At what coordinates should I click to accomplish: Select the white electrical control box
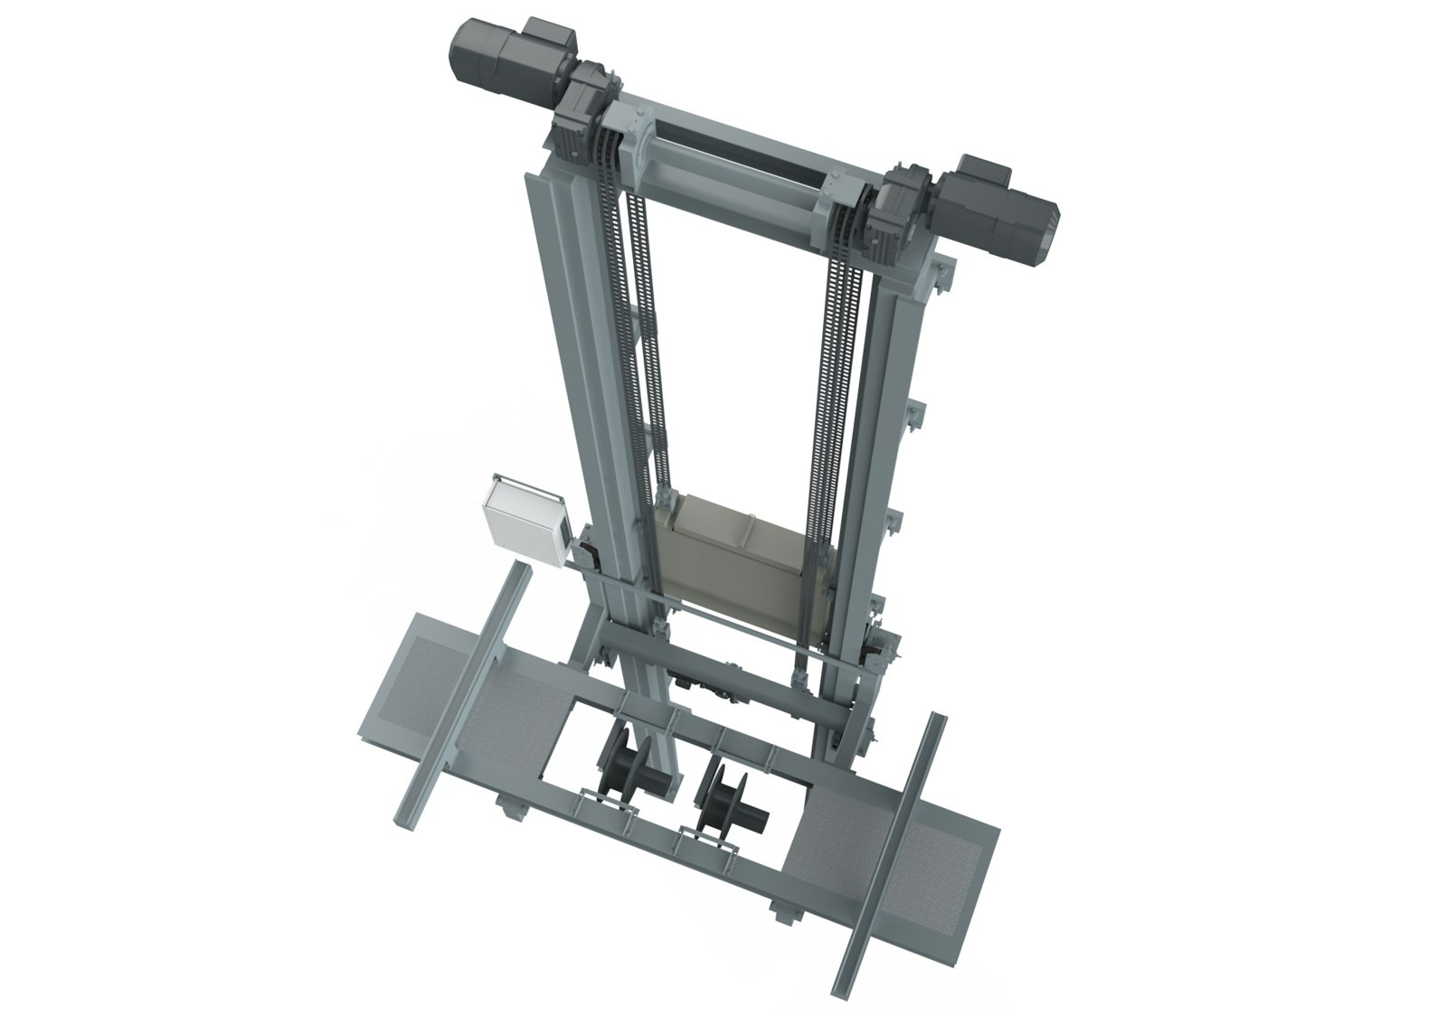(522, 520)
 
